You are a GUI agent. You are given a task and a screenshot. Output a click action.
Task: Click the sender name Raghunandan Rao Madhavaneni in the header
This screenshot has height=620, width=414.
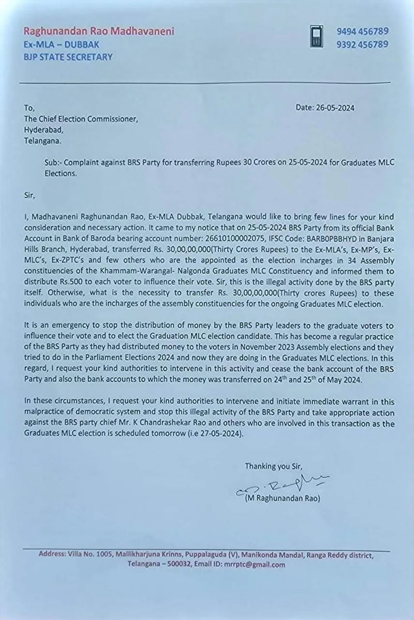pyautogui.click(x=99, y=31)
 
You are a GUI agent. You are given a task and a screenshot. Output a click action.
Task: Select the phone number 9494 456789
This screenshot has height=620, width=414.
pyautogui.click(x=362, y=31)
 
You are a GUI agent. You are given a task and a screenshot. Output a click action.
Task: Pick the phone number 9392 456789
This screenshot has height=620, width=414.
pyautogui.click(x=362, y=44)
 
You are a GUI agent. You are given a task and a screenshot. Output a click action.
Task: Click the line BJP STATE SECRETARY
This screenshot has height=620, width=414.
pyautogui.click(x=68, y=57)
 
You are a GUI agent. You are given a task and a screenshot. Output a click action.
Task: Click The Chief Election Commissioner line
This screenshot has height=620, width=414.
pyautogui.click(x=81, y=119)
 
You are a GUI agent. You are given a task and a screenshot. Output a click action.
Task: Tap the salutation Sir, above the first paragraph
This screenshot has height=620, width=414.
pyautogui.click(x=30, y=196)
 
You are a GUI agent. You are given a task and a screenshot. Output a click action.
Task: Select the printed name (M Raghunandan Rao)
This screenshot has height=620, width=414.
pyautogui.click(x=282, y=498)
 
